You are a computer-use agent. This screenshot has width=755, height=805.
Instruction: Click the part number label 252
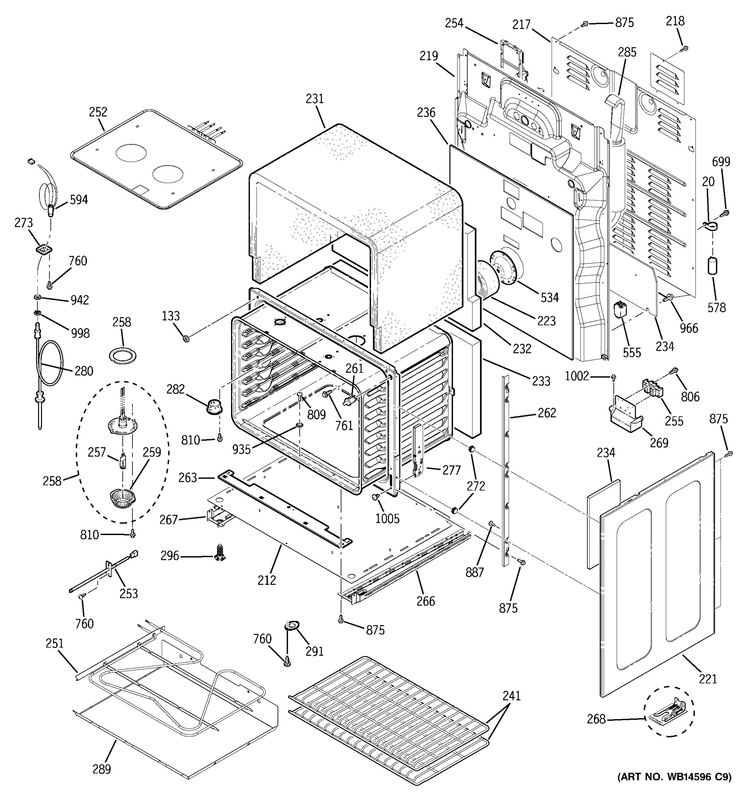98,112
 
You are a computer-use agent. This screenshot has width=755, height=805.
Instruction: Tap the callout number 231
315,99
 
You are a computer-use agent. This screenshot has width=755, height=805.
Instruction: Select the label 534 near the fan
549,298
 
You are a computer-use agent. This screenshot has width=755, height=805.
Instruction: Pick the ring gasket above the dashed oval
123,356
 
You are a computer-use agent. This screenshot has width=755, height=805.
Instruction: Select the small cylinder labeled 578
712,266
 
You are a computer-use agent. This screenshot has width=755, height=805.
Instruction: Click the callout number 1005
387,519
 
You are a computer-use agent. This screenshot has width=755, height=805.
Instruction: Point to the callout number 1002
577,376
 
